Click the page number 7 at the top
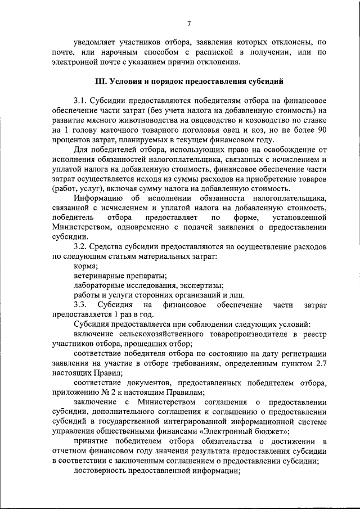[190, 22]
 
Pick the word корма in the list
[85, 265]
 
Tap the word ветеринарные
[99, 276]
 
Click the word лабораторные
[99, 285]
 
